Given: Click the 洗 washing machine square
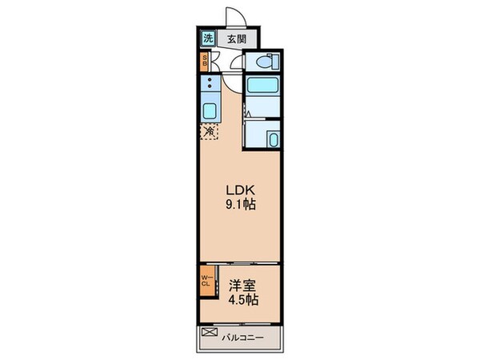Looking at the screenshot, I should (207, 38).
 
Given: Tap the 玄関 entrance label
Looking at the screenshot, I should (236, 38).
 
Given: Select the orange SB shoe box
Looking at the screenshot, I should (205, 61).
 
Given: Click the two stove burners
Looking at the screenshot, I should (210, 83).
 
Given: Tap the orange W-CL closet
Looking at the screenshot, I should (205, 282).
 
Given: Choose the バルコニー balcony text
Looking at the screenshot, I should (245, 336).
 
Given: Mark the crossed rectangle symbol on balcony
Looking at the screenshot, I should (210, 332).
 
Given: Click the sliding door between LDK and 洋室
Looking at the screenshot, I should (240, 263).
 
